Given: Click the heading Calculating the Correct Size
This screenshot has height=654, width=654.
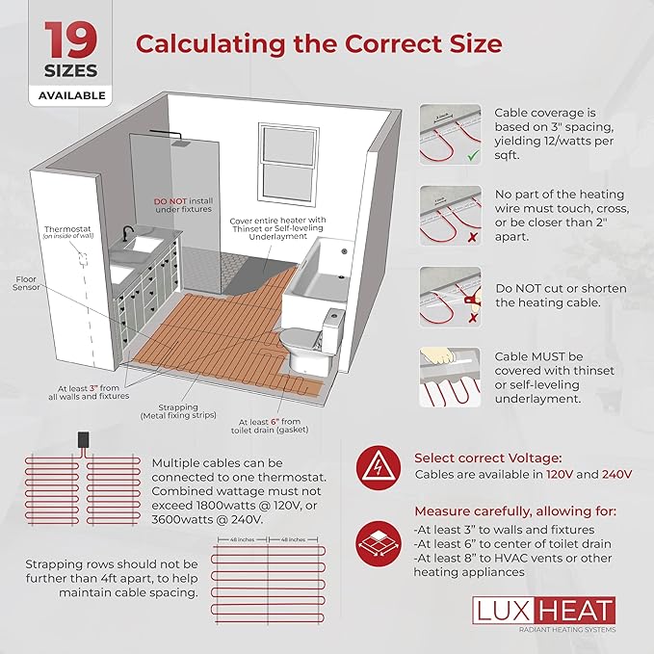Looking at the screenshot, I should [318, 43].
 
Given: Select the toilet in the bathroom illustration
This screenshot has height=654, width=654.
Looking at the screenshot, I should [312, 337].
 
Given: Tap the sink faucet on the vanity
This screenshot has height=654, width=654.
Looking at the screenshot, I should [127, 233].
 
